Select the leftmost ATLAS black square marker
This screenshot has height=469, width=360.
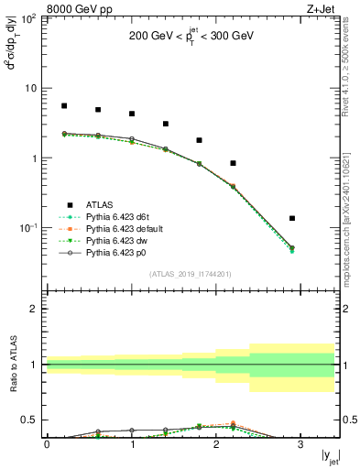64,106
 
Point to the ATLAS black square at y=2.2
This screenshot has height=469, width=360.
233,163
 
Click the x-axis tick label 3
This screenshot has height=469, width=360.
300,444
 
